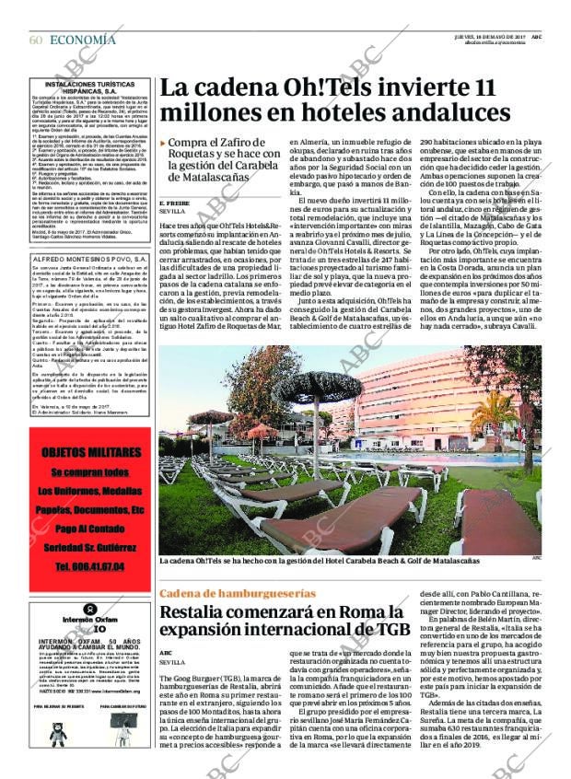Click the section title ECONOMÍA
coord(83,40)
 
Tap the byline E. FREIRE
coord(174,202)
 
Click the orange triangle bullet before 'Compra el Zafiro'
coord(163,144)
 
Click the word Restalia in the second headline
coord(196,613)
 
